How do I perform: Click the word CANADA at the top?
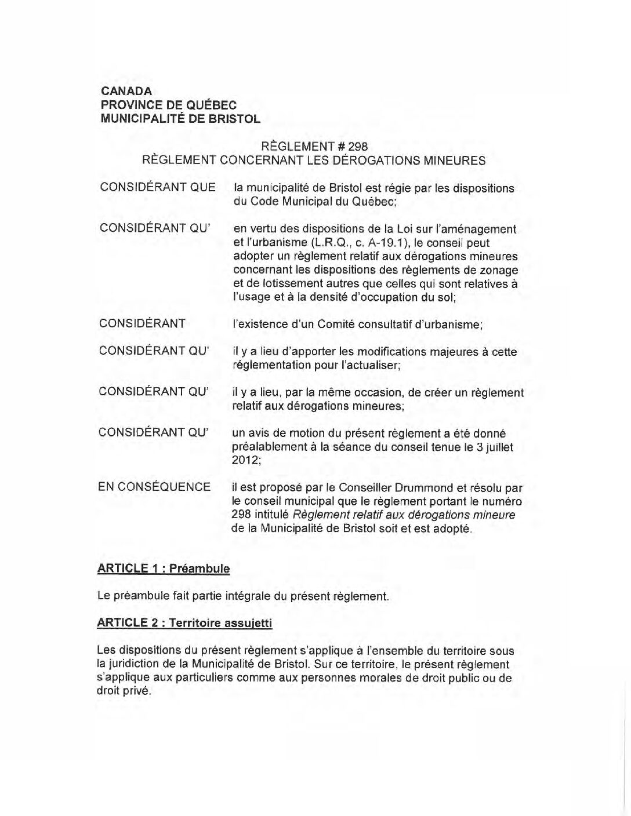pyautogui.click(x=126, y=91)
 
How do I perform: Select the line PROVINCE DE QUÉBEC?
pyautogui.click(x=169, y=105)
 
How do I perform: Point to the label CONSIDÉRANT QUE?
pyautogui.click(x=157, y=188)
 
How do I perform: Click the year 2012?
pyautogui.click(x=246, y=461)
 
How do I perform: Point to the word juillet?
pyautogui.click(x=498, y=447)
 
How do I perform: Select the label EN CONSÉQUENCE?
pyautogui.click(x=154, y=487)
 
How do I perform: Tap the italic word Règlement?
pyautogui.click(x=320, y=515)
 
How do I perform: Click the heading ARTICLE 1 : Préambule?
pyautogui.click(x=164, y=569)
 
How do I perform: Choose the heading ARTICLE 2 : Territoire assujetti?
pyautogui.click(x=185, y=623)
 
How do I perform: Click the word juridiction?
pyautogui.click(x=138, y=664)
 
